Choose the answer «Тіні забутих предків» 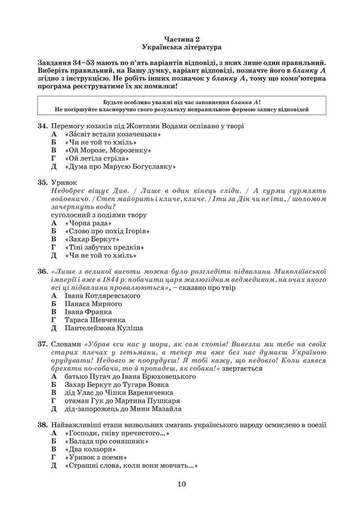(x=105, y=247)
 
